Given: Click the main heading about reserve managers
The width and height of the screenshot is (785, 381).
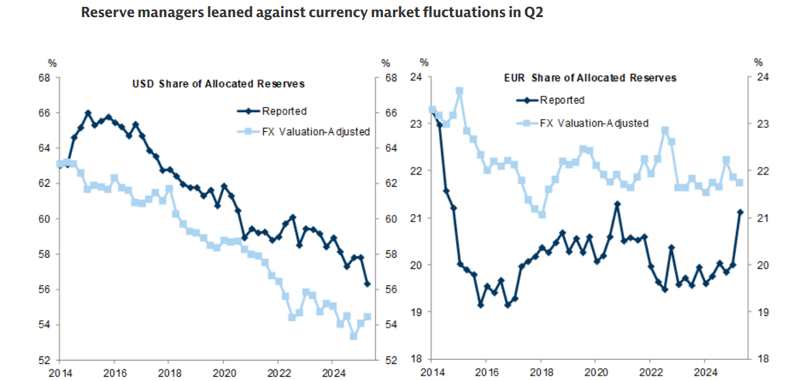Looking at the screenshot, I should [312, 13].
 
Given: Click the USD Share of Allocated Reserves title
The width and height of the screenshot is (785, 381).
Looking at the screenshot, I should [218, 84].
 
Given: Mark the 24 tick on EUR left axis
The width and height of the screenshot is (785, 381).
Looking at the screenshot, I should [415, 77].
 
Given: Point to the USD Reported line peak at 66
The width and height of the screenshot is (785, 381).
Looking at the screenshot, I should [88, 113].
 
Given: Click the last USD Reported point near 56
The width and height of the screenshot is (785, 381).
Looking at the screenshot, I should [367, 284].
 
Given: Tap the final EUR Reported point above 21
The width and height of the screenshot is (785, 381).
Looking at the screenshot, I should [739, 212].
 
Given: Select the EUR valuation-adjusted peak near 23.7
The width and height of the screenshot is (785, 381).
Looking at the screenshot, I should [460, 91].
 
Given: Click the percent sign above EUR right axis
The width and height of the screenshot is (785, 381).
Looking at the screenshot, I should [757, 62].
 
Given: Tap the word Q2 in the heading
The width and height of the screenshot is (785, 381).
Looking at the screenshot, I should [533, 13].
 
